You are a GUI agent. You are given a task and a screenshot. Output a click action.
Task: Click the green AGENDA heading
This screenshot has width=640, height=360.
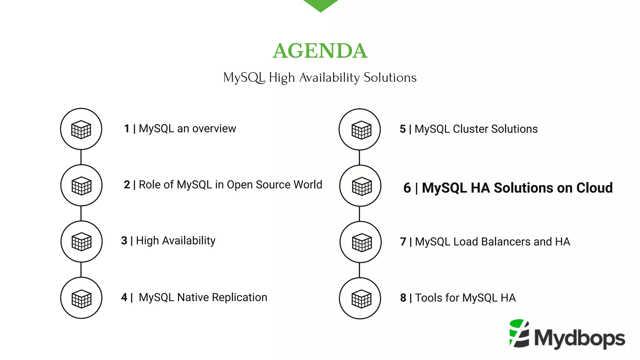320,51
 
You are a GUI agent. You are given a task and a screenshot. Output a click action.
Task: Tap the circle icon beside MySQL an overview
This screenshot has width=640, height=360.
81,129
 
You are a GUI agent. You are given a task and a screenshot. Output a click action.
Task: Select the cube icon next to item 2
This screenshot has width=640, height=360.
81,185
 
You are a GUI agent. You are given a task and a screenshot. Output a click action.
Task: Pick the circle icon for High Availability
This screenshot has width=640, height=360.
82,242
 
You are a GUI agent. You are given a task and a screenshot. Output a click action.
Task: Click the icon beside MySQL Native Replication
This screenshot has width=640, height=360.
81,298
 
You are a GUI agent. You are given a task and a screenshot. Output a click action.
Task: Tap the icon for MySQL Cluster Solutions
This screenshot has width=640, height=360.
360,129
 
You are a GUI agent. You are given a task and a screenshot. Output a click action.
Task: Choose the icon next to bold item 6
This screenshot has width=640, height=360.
360,186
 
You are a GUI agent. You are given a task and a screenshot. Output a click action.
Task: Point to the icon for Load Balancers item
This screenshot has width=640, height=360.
361,242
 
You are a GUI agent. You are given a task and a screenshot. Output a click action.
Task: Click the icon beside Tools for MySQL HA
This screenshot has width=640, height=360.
360,298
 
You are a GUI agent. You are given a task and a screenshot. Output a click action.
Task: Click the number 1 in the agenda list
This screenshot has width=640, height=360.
127,129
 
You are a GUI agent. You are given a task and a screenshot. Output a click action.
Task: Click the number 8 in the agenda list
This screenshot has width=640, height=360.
403,298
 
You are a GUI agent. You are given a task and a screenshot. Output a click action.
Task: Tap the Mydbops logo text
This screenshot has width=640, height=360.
580,338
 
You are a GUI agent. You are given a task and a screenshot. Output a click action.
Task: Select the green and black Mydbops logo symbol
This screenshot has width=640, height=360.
519,333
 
